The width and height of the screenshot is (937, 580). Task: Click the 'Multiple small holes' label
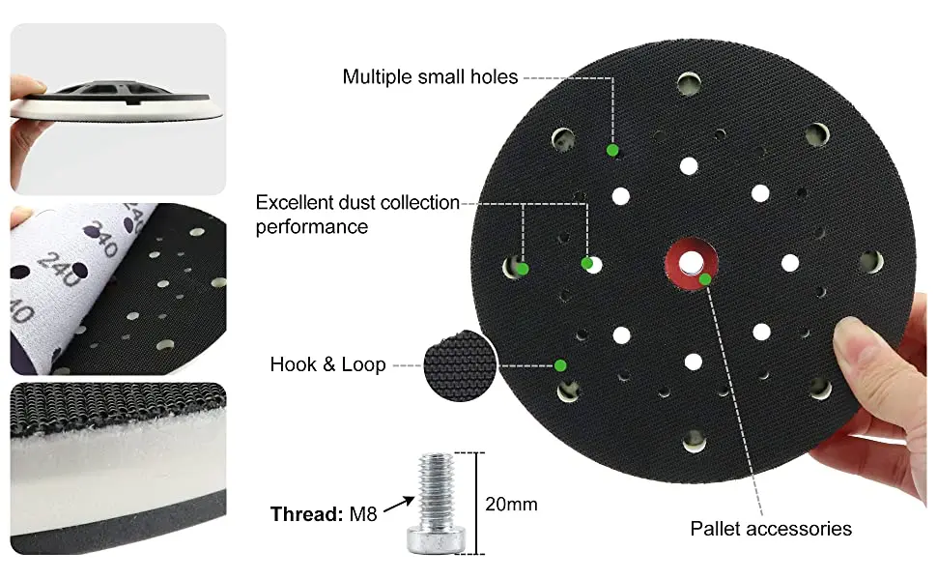click(x=430, y=76)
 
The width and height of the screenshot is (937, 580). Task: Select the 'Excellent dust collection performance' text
click(x=357, y=215)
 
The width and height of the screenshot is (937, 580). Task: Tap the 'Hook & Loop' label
click(x=327, y=364)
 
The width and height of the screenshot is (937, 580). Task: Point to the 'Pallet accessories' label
click(x=770, y=529)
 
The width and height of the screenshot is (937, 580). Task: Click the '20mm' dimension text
click(x=511, y=504)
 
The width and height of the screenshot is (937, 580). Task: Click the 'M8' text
click(x=362, y=514)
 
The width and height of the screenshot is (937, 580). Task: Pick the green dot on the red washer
click(x=706, y=279)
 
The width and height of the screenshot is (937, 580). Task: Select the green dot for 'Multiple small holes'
click(x=611, y=150)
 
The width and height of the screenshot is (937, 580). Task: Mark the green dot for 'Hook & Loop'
click(x=560, y=365)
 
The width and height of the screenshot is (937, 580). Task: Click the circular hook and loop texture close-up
click(x=459, y=364)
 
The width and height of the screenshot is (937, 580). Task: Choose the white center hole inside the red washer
click(x=692, y=262)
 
